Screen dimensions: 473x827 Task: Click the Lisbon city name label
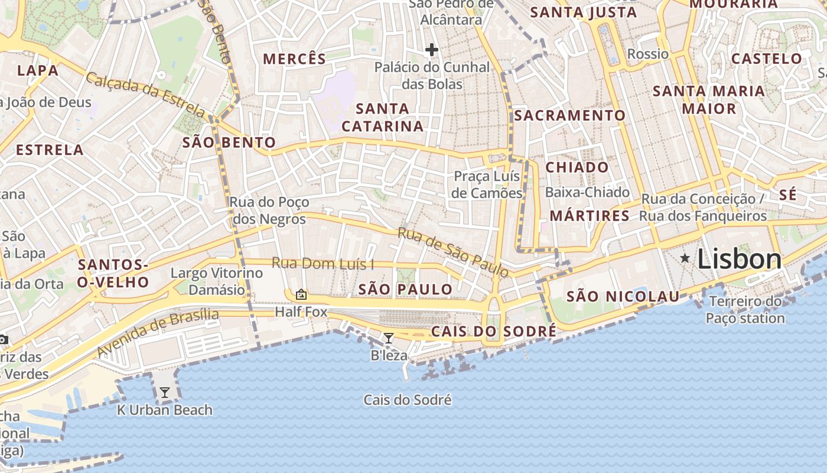pyautogui.click(x=740, y=260)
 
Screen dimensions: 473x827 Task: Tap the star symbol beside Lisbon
pyautogui.click(x=685, y=258)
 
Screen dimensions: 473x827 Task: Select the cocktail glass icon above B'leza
pyautogui.click(x=389, y=338)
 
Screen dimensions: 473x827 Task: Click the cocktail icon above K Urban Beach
pyautogui.click(x=164, y=392)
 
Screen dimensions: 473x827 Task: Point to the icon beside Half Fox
pyautogui.click(x=301, y=294)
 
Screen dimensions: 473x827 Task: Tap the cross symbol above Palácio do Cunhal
pyautogui.click(x=432, y=50)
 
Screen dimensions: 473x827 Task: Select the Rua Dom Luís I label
pyautogui.click(x=323, y=264)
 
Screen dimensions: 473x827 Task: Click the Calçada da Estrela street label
pyautogui.click(x=146, y=95)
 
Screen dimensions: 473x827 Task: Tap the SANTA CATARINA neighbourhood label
pyautogui.click(x=383, y=117)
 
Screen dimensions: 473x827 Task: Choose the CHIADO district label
pyautogui.click(x=577, y=167)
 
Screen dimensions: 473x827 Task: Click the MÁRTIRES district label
pyautogui.click(x=590, y=216)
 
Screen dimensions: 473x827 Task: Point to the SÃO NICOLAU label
pyautogui.click(x=623, y=297)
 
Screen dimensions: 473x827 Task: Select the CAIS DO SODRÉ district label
pyautogui.click(x=493, y=331)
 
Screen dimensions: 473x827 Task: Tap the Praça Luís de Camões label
pyautogui.click(x=487, y=184)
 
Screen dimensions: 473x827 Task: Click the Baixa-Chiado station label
pyautogui.click(x=587, y=192)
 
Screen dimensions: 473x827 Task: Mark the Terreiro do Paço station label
pyautogui.click(x=745, y=310)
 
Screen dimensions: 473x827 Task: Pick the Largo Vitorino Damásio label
pyautogui.click(x=216, y=281)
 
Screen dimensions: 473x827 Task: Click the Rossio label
pyautogui.click(x=648, y=54)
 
